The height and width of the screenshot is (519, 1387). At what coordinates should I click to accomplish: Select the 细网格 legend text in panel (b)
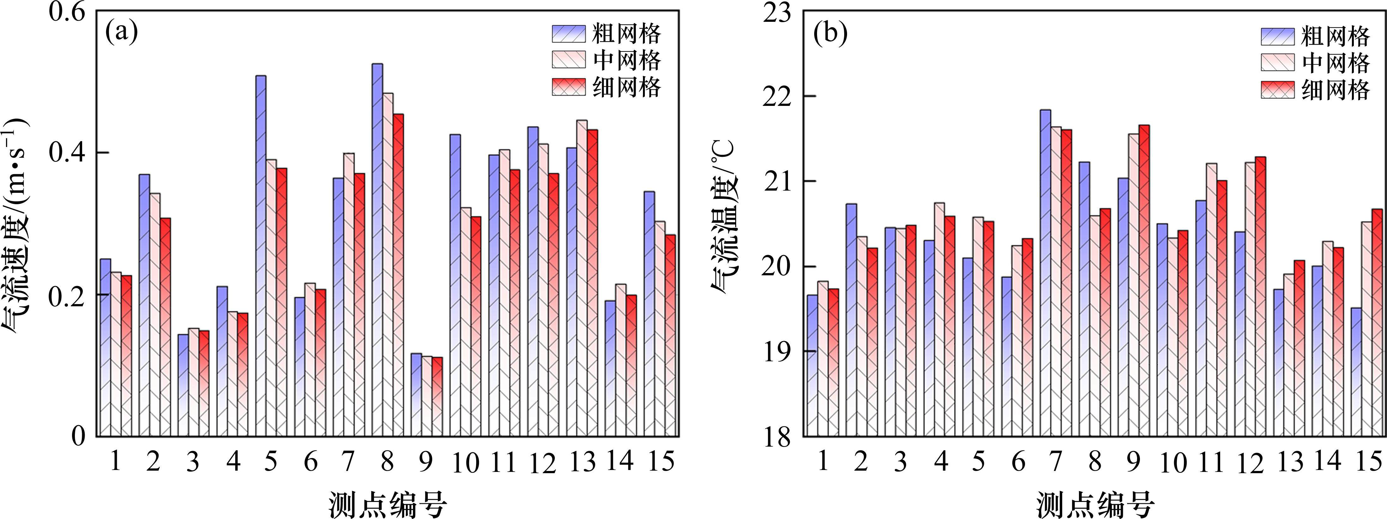1335,89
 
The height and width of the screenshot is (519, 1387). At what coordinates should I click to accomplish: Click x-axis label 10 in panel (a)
465,462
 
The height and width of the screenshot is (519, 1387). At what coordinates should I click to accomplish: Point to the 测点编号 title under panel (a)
388,504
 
